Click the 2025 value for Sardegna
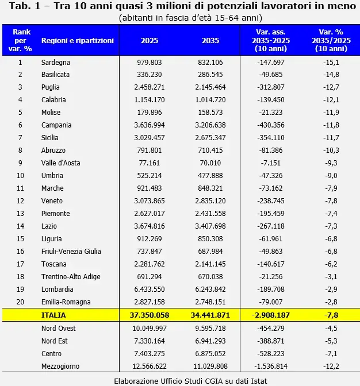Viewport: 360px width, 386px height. coord(150,62)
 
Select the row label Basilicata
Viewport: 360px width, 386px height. coord(55,74)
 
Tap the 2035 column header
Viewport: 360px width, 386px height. coord(210,40)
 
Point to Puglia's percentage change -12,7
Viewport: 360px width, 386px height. coord(331,87)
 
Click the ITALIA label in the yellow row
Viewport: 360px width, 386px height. coord(53,315)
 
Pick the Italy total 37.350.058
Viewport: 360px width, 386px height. coord(150,315)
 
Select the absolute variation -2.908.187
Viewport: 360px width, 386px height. coord(270,315)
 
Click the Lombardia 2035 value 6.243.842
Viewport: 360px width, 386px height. coord(210,289)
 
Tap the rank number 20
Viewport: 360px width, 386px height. coord(20,302)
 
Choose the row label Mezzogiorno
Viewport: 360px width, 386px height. coord(60,366)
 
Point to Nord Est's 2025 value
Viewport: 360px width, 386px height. coord(150,341)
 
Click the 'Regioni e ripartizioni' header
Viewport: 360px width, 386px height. coord(78,40)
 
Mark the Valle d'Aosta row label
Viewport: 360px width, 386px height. coord(60,163)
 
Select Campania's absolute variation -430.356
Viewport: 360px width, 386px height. coord(270,125)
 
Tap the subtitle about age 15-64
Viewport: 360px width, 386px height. coord(190,18)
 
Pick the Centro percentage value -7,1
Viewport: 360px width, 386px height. coord(331,354)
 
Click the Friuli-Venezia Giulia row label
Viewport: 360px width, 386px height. coord(71,252)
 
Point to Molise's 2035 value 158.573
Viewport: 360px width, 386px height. coord(210,113)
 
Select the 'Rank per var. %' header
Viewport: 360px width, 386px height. coord(20,40)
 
